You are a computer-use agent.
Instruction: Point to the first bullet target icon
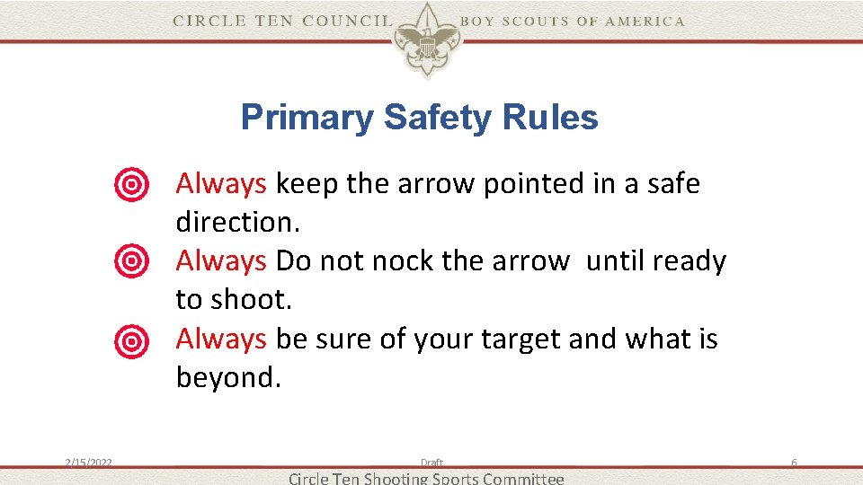tap(131, 185)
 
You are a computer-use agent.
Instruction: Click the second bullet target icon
tap(131, 262)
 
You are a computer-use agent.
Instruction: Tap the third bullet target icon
tap(131, 339)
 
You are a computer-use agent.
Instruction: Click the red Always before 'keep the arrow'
tap(221, 184)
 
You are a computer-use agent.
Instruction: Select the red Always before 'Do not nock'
tap(221, 261)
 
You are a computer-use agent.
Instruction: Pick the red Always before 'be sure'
tap(221, 339)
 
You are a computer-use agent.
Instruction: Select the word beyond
tap(228, 377)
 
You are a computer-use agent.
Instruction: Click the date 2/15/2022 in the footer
tap(88, 463)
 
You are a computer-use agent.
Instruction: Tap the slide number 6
tap(794, 463)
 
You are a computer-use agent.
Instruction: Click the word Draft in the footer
tap(431, 463)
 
